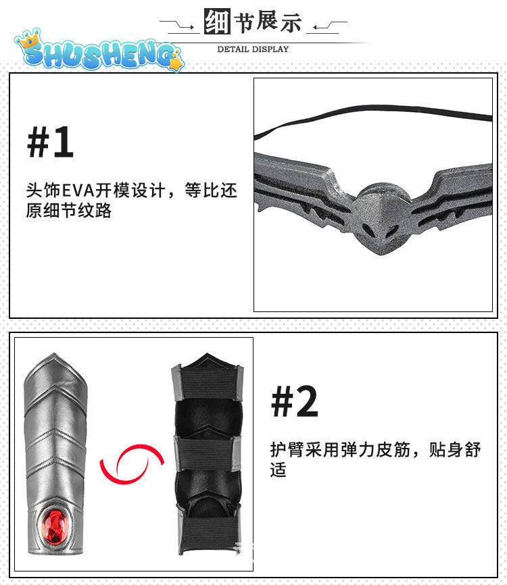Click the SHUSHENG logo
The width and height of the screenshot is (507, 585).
coord(99,51)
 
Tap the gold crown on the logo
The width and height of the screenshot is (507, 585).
coord(30,38)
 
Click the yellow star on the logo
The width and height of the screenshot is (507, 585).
coord(176,63)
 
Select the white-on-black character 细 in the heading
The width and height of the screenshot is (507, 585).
coord(217,21)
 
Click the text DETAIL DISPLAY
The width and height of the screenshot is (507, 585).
coord(253,49)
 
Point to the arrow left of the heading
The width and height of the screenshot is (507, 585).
coord(177,24)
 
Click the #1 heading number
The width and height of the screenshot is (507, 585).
coord(50,142)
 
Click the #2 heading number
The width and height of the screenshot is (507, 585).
coord(295,401)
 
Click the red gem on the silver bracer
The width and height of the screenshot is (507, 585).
coord(55,527)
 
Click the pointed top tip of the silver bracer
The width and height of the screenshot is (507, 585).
coord(55,353)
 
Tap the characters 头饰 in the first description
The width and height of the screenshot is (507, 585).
coord(43,190)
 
